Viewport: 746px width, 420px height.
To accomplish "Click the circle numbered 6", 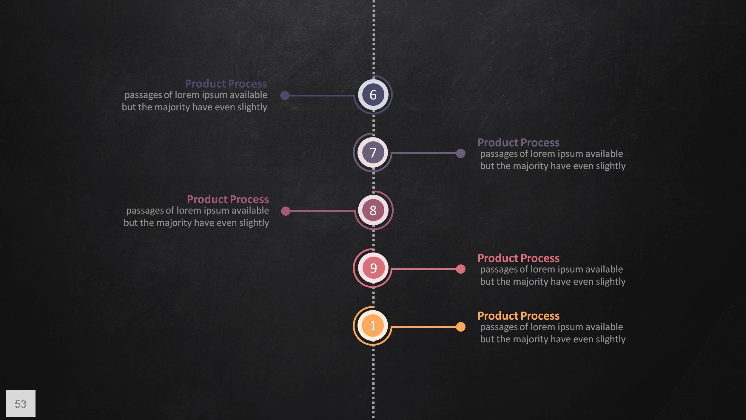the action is tap(373, 95).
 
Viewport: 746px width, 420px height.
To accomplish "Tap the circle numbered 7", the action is tap(373, 152).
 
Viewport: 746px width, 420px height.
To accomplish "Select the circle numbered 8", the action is tap(373, 210).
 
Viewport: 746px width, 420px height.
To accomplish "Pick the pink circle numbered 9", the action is tap(373, 268).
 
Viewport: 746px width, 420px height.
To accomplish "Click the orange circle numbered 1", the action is tap(373, 326).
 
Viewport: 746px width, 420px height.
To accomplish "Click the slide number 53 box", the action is tap(21, 403).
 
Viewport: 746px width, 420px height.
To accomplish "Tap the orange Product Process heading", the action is tap(518, 316).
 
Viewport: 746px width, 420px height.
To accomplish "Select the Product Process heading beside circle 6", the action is tap(226, 84).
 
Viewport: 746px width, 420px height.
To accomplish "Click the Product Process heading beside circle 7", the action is tap(518, 142).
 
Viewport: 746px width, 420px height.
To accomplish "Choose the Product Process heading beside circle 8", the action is tap(228, 199).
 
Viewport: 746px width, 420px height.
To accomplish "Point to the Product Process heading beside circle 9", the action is tap(518, 258).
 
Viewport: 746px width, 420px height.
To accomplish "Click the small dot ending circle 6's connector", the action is tap(285, 96).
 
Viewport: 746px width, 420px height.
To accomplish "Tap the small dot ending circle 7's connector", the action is tap(461, 154).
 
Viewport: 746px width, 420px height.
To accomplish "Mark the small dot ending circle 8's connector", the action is tap(286, 211).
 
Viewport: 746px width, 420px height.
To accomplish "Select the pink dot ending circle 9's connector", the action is tap(461, 269).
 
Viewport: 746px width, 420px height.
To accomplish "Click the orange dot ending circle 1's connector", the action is tap(461, 327).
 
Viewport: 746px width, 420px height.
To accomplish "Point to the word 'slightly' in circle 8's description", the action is tap(254, 223).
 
